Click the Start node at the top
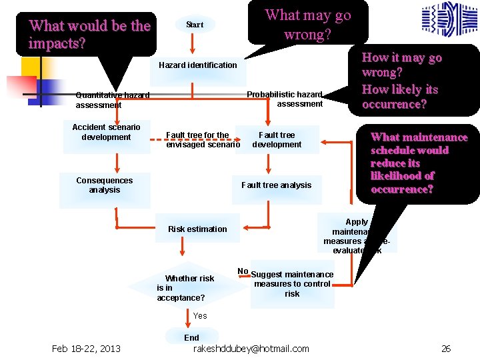tap(195, 25)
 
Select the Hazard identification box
tap(198, 65)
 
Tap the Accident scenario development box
tap(106, 133)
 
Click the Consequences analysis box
tap(105, 185)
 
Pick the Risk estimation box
tap(197, 229)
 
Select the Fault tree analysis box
tap(276, 185)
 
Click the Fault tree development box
tap(277, 139)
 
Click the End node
tap(191, 337)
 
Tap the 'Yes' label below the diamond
tap(200, 315)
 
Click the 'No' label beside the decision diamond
tap(243, 271)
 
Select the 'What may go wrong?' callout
tap(307, 25)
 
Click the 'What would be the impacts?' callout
tap(90, 34)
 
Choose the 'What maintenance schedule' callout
tap(419, 163)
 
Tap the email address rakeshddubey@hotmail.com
tap(251, 349)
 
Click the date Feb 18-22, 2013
tap(87, 349)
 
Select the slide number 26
tap(446, 349)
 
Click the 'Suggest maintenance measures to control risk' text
tap(292, 284)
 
